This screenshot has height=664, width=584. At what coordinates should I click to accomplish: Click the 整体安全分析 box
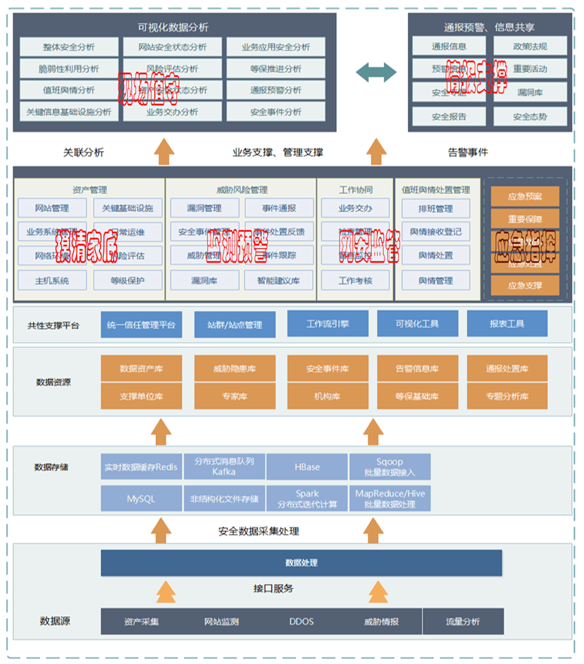click(x=68, y=47)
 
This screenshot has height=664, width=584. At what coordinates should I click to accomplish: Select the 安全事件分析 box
click(x=275, y=112)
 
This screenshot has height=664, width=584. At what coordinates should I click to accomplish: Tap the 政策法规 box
click(x=530, y=47)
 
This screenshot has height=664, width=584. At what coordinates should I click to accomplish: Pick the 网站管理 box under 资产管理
click(x=52, y=209)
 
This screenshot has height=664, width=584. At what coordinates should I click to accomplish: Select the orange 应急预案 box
click(x=524, y=196)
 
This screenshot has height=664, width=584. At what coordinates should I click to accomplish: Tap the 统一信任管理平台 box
click(x=141, y=325)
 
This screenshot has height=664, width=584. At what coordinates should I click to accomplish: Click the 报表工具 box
click(x=507, y=324)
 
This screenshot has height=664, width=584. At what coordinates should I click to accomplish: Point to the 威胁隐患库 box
click(x=235, y=369)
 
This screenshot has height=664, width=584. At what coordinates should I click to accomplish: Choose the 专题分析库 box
click(x=507, y=396)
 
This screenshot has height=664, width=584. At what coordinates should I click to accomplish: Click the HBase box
click(x=307, y=467)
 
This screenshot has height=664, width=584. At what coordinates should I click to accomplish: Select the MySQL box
click(x=141, y=498)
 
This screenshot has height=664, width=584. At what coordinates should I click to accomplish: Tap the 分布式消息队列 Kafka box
click(x=224, y=467)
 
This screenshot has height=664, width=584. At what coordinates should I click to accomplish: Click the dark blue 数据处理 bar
click(x=302, y=562)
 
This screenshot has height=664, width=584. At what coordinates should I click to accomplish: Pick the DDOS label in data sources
click(x=302, y=622)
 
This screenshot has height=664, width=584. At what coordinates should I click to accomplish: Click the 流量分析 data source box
click(x=463, y=622)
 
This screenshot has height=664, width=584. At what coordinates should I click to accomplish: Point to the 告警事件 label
click(x=468, y=152)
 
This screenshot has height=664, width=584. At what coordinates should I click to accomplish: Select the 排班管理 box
click(x=436, y=209)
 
